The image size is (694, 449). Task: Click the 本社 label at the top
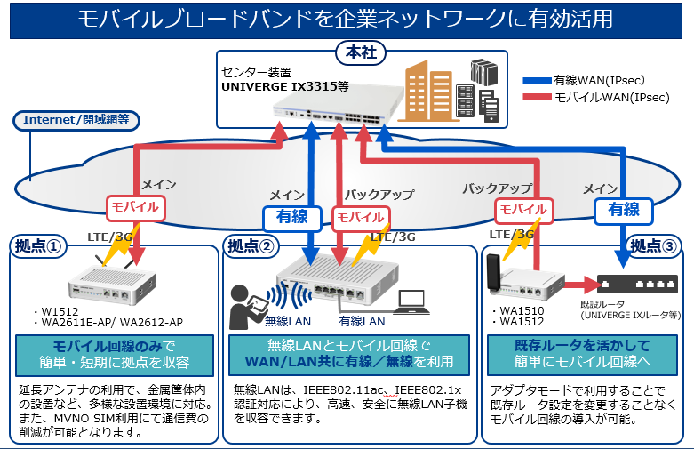pyautogui.click(x=358, y=53)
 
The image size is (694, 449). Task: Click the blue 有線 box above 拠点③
pyautogui.click(x=623, y=210)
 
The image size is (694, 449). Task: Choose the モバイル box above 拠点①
pyautogui.click(x=134, y=207)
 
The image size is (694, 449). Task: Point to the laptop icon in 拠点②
pyautogui.click(x=412, y=300)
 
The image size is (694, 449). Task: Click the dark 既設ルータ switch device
pyautogui.click(x=634, y=284)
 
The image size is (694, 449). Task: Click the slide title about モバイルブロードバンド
pyautogui.click(x=347, y=19)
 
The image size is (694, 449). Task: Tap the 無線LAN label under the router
pyautogui.click(x=285, y=321)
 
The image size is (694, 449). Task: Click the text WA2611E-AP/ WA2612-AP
pyautogui.click(x=113, y=323)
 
